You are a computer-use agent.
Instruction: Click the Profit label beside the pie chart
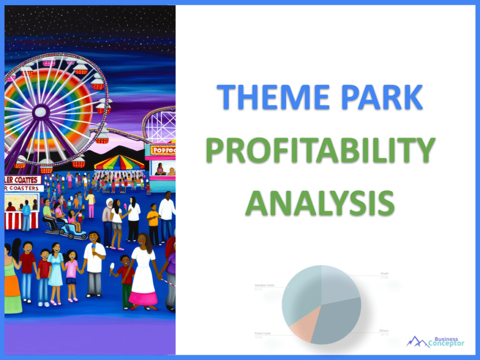coord(385,274)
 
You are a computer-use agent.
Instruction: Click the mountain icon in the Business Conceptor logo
coord(417,341)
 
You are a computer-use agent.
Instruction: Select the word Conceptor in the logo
coord(446,344)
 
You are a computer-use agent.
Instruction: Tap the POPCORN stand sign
coord(162,150)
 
